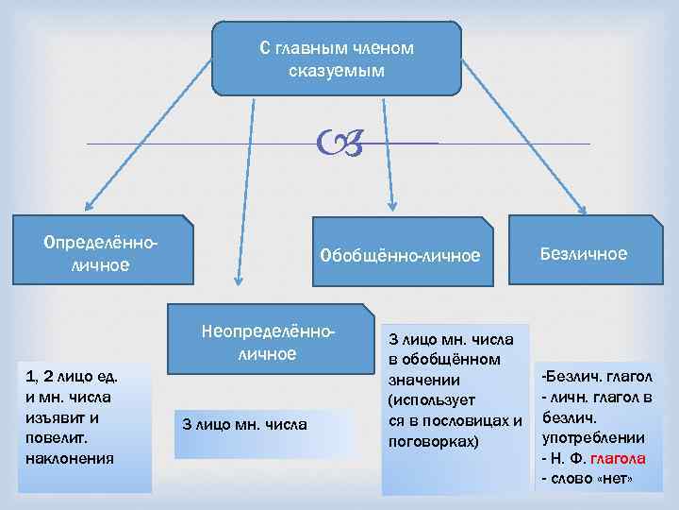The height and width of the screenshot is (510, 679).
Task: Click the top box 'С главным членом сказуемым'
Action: [337, 59]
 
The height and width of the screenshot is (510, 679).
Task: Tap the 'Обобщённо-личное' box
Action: [400, 255]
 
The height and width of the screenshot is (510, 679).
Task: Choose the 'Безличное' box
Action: [584, 253]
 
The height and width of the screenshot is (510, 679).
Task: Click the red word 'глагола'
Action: [617, 458]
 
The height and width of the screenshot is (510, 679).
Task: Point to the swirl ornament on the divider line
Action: [340, 144]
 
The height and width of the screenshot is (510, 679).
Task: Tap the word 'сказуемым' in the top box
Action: [337, 70]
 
